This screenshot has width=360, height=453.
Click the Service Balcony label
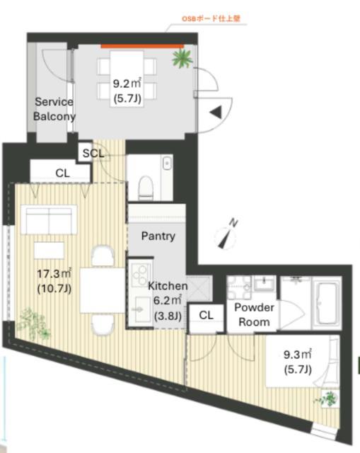(x=54, y=109)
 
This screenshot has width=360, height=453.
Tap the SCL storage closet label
(x=93, y=153)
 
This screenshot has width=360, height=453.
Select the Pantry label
(x=158, y=236)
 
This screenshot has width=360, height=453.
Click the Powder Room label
(x=254, y=314)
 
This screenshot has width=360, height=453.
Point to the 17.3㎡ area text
(x=54, y=274)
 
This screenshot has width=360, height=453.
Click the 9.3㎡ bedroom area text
(x=298, y=355)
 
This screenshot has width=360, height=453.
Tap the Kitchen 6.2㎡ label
(x=168, y=300)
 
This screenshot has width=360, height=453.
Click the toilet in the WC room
(x=146, y=188)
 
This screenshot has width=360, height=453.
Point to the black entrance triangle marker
(x=216, y=112)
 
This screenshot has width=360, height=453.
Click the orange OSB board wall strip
(x=142, y=46)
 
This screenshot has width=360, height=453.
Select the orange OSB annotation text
(x=211, y=18)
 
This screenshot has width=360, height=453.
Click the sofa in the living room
(x=49, y=219)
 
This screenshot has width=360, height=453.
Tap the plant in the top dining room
(x=182, y=58)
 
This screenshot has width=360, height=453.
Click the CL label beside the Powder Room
(x=206, y=315)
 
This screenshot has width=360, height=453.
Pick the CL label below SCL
(x=62, y=173)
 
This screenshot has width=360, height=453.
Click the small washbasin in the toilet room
(x=167, y=164)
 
